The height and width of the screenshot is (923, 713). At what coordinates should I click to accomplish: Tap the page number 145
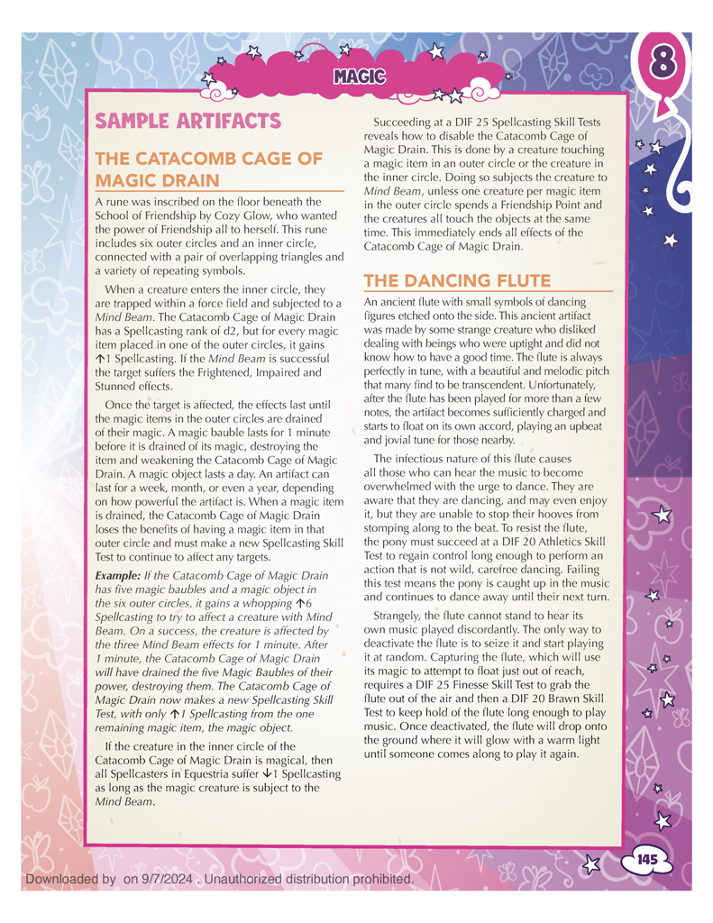click(646, 860)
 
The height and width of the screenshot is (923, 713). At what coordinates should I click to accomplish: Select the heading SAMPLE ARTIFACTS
click(188, 121)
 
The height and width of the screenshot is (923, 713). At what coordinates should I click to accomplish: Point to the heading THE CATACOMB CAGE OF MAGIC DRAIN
click(208, 169)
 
